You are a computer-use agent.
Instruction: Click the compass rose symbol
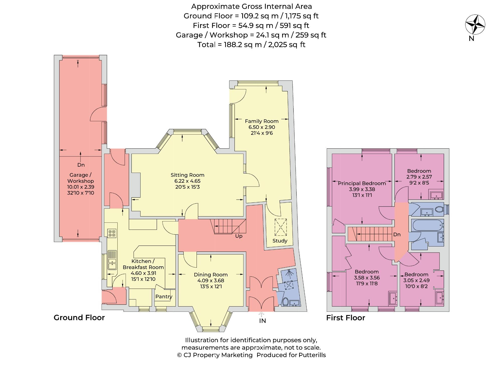(475, 25)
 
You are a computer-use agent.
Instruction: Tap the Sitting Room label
(187, 175)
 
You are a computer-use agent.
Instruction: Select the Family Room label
(262, 121)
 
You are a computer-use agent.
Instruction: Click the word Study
(280, 241)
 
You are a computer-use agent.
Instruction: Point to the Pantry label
(164, 296)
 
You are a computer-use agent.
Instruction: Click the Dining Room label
(211, 275)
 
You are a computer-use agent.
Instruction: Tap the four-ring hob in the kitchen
(112, 233)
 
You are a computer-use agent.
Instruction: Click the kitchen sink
(112, 260)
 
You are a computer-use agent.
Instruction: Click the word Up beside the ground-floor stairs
(239, 236)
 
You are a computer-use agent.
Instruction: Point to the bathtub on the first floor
(428, 225)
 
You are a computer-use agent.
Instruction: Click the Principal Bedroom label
(362, 183)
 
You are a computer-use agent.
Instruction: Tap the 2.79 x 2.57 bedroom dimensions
(419, 177)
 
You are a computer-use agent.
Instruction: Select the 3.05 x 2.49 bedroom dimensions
(416, 280)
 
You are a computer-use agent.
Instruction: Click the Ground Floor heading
(79, 318)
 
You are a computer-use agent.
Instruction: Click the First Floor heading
(346, 318)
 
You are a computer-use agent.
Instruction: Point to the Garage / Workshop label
(80, 178)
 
